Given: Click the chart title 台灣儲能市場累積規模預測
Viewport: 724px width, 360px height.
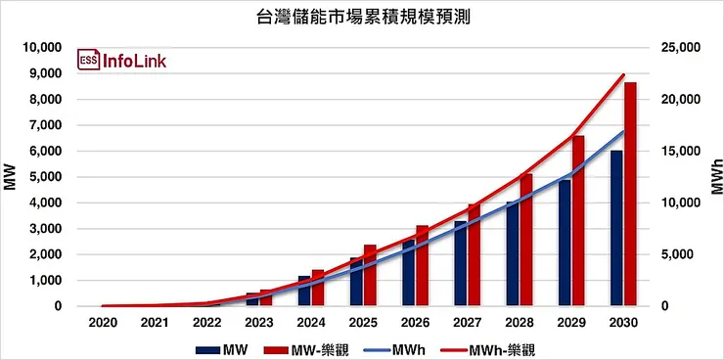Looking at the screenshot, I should click(362, 17).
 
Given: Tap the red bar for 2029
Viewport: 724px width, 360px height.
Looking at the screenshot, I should click(578, 221).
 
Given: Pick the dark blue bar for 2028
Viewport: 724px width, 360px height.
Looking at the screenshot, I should click(513, 253).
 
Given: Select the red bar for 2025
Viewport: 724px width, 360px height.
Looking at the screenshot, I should click(370, 275).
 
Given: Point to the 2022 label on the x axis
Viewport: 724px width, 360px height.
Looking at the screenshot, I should click(206, 322).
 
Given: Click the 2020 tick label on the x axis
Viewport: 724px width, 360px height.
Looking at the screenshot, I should click(103, 322).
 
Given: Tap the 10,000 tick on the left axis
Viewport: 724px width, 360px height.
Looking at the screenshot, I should click(42, 48).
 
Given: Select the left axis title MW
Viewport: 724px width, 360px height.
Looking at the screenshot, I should click(11, 177).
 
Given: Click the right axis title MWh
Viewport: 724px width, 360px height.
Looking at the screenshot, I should click(714, 177).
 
